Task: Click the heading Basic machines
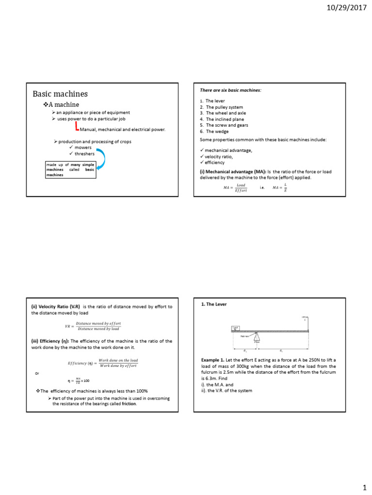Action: tap(60, 94)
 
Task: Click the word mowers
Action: tap(83, 147)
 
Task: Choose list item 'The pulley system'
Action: tap(224, 107)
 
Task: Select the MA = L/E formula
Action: tap(280, 188)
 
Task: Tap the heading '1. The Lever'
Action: tap(214, 304)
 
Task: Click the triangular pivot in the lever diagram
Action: tap(257, 336)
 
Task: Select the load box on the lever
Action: tap(235, 328)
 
